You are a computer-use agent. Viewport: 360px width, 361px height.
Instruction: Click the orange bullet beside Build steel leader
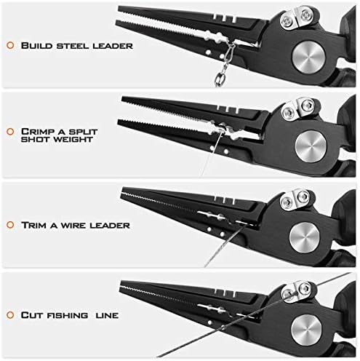pyautogui.click(x=10, y=45)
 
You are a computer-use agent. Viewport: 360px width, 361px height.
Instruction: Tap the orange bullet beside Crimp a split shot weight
pyautogui.click(x=10, y=132)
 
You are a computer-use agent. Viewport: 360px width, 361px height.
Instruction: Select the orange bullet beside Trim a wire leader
pyautogui.click(x=10, y=225)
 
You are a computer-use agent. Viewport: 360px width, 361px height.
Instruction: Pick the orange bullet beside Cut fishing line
pyautogui.click(x=10, y=315)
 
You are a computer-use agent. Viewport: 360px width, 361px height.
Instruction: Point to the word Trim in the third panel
pyautogui.click(x=33, y=225)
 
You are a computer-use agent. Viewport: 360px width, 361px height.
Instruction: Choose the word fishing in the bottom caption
pyautogui.click(x=67, y=315)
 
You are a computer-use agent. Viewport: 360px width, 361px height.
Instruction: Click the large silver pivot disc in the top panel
pyautogui.click(x=308, y=57)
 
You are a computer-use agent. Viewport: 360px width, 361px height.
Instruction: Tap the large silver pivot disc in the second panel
pyautogui.click(x=311, y=146)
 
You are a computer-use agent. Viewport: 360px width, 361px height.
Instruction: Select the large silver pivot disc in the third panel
pyautogui.click(x=305, y=237)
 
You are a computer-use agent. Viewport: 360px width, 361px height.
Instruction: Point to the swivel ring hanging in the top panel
pyautogui.click(x=220, y=79)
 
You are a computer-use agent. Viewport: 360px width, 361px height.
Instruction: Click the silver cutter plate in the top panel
pyautogui.click(x=297, y=18)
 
